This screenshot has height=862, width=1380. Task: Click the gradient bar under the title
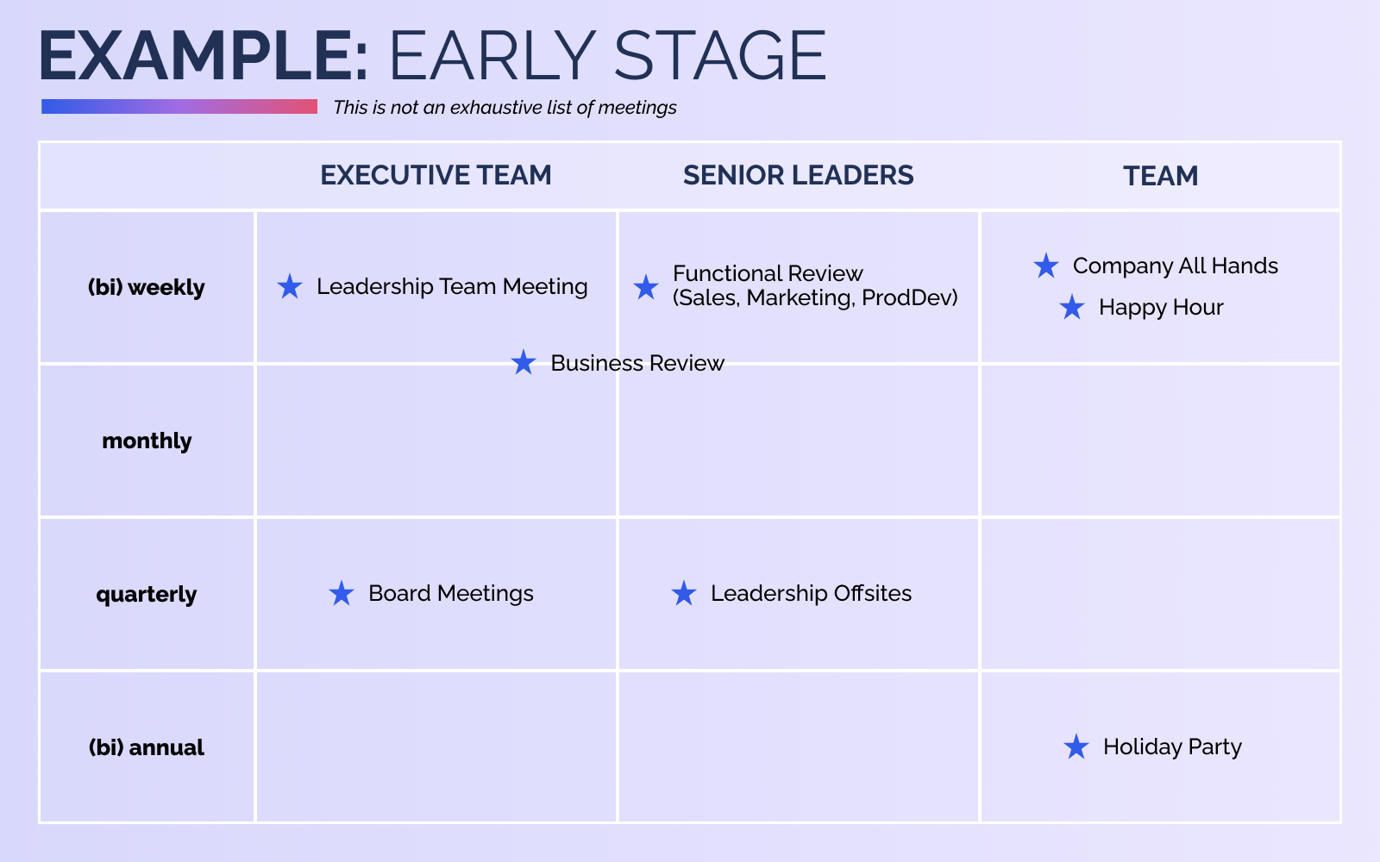pyautogui.click(x=179, y=107)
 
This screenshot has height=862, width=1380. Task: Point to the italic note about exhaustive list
pyautogui.click(x=505, y=108)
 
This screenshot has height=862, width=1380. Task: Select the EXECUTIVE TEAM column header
pyautogui.click(x=436, y=176)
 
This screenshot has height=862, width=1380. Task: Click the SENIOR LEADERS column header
pyautogui.click(x=799, y=176)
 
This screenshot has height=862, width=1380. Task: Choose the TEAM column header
pyautogui.click(x=1161, y=176)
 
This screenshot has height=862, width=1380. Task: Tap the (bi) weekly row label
pyautogui.click(x=147, y=288)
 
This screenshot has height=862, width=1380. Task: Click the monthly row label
pyautogui.click(x=147, y=440)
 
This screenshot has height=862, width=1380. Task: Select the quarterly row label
pyautogui.click(x=147, y=595)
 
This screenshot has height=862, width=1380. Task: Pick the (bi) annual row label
pyautogui.click(x=147, y=747)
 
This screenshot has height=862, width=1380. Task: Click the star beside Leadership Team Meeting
pyautogui.click(x=290, y=286)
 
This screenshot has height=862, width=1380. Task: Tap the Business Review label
pyautogui.click(x=637, y=363)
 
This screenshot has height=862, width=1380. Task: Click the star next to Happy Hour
pyautogui.click(x=1072, y=307)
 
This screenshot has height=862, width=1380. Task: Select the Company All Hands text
pyautogui.click(x=1176, y=266)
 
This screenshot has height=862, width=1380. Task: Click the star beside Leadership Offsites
pyautogui.click(x=684, y=594)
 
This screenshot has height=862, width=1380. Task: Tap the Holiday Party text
pyautogui.click(x=1172, y=747)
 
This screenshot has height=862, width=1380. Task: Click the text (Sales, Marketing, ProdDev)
pyautogui.click(x=815, y=298)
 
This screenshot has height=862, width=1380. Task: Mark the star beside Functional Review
pyautogui.click(x=646, y=287)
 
